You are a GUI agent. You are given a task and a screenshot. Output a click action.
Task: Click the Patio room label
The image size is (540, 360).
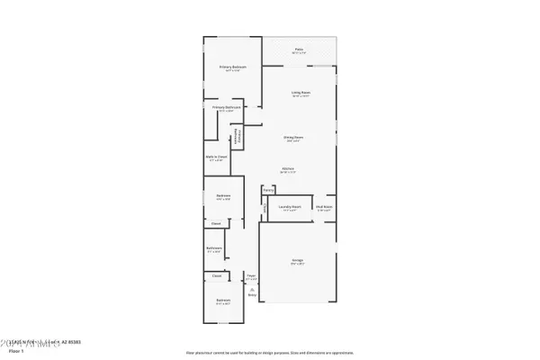pos(299,50)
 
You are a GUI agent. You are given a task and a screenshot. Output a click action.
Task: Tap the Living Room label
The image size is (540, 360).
pos(300,93)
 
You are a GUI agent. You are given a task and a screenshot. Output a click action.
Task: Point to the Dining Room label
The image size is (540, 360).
pos(293,138)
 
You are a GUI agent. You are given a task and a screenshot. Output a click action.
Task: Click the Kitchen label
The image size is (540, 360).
pos(288,168)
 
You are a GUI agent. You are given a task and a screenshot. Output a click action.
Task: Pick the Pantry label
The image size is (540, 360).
pos(268,190)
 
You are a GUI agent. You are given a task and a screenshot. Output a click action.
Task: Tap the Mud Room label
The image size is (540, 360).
pos(324,206)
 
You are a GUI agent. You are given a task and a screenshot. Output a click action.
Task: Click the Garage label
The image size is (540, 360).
pos(297,261)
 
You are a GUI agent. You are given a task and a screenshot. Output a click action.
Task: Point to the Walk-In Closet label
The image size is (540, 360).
pos(217,157)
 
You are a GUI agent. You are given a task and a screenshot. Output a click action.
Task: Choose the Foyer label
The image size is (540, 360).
pos(251,277)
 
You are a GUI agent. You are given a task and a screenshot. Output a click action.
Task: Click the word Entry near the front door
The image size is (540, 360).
pos(251,293)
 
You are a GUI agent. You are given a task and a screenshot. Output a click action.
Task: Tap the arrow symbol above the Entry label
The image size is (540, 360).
pos(251,287)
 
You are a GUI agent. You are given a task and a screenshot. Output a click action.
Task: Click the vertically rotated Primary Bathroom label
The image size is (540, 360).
pos(238,137)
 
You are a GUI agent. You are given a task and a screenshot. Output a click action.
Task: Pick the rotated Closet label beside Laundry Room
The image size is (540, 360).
pos(265,209)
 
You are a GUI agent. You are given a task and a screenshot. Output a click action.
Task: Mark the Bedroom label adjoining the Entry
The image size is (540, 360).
pos(222,301)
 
